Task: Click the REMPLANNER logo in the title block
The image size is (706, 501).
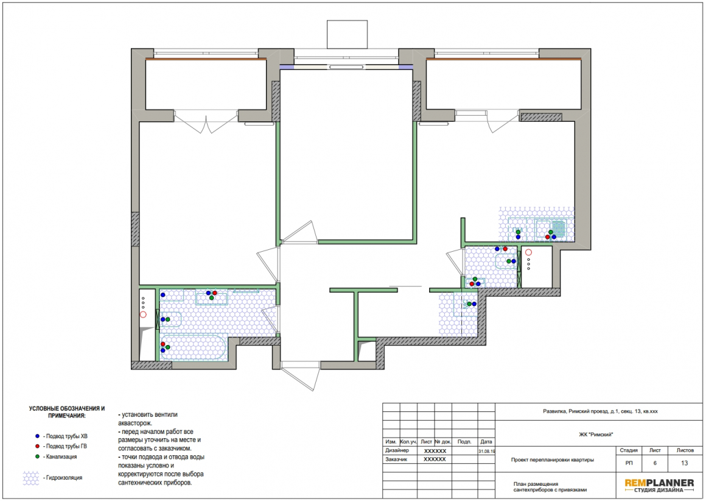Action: click(x=659, y=486)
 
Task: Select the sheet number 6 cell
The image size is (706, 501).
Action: click(x=655, y=463)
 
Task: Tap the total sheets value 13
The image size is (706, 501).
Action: click(x=684, y=463)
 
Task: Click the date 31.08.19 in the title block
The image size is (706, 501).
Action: click(x=486, y=451)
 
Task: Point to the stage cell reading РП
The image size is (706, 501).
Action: click(x=629, y=463)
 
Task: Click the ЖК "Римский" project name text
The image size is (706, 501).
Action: click(x=596, y=435)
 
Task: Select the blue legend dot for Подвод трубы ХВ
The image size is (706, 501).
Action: click(x=37, y=436)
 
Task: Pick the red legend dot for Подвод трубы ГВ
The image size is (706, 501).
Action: click(x=37, y=446)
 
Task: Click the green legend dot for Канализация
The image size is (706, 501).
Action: click(x=37, y=457)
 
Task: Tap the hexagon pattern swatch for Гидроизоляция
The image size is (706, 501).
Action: click(x=31, y=478)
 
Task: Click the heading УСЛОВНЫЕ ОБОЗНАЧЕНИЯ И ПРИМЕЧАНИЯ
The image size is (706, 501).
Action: click(x=67, y=412)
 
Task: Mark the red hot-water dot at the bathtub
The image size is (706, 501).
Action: click(x=163, y=344)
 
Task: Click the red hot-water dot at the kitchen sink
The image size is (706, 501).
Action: click(x=548, y=236)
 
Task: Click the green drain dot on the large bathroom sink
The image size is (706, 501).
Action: click(x=212, y=298)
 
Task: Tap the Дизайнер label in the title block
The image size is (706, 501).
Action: click(x=397, y=450)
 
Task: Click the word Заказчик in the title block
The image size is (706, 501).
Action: click(x=396, y=460)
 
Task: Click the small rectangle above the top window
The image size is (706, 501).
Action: click(x=347, y=34)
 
